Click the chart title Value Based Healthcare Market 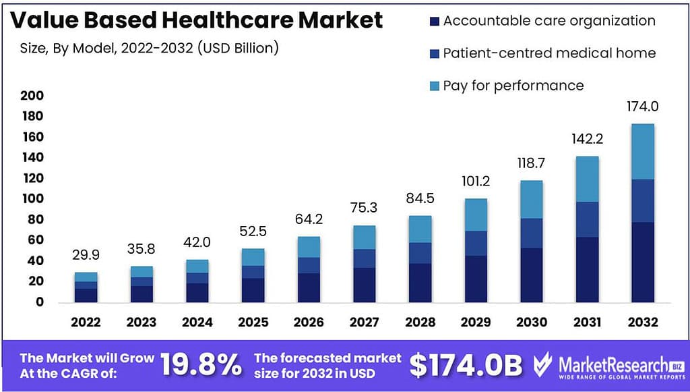(197, 20)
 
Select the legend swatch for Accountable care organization (433, 21)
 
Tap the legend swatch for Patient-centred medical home (433, 53)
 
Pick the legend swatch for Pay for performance (433, 86)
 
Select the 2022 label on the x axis (86, 323)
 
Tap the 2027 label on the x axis (364, 323)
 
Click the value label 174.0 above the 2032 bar (642, 107)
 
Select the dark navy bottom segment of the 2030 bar (531, 275)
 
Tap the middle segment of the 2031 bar (586, 219)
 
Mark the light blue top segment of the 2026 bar (308, 247)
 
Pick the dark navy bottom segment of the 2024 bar (197, 292)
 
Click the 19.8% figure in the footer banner (201, 365)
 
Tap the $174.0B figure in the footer (466, 365)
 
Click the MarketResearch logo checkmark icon (543, 365)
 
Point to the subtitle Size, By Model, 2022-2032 (146, 49)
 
